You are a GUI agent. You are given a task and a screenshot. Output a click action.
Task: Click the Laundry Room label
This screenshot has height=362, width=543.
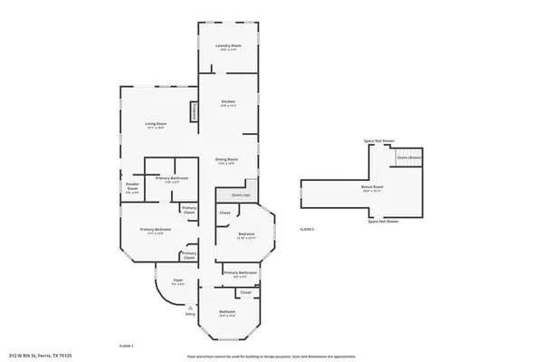click(226, 45)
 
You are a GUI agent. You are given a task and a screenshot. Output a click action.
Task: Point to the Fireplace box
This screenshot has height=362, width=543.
click(192, 110)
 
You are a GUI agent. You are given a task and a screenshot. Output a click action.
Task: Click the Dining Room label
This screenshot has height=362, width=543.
click(225, 160)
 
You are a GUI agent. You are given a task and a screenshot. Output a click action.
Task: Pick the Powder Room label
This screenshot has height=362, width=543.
click(132, 188)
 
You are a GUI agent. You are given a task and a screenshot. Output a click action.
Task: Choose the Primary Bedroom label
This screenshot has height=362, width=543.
click(151, 230)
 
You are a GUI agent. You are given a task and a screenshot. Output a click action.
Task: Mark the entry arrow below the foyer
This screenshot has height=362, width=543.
click(190, 306)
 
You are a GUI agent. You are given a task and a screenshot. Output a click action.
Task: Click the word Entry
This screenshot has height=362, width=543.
click(190, 314)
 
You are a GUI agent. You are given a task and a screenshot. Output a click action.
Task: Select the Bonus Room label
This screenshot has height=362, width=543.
click(372, 188)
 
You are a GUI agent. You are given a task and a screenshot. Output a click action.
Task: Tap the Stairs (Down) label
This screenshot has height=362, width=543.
click(409, 157)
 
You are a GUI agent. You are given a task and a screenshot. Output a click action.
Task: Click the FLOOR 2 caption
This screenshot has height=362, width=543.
click(307, 229)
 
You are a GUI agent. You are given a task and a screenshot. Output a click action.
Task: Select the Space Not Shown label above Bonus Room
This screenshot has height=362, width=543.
click(379, 141)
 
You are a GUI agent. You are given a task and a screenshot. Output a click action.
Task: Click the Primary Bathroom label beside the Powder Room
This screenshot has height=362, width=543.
click(171, 178)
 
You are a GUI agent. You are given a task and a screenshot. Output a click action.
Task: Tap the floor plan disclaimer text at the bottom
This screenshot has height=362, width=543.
click(271, 355)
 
